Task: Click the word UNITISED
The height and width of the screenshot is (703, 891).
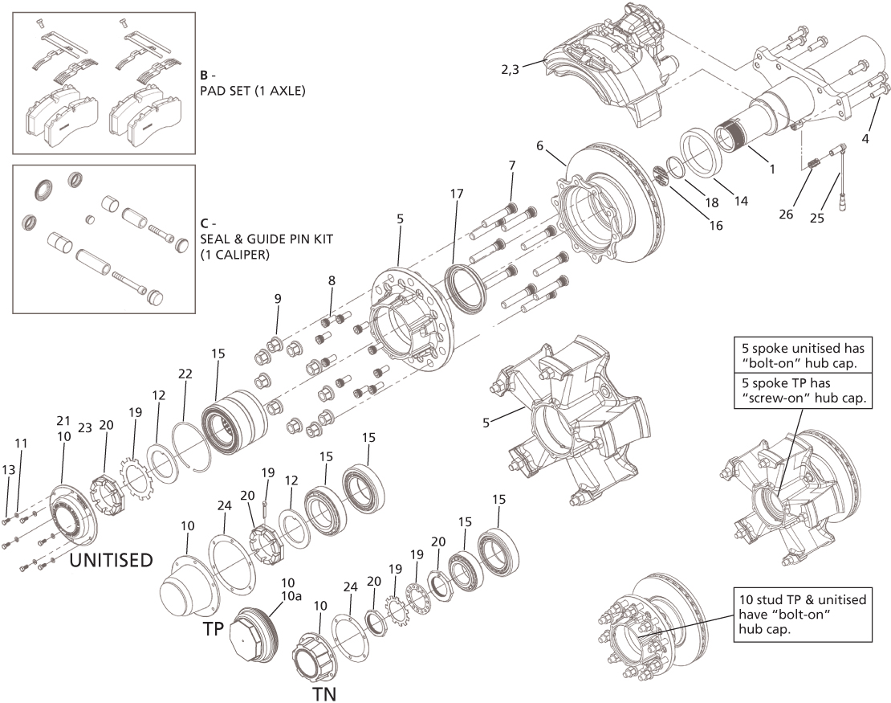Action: tap(110, 560)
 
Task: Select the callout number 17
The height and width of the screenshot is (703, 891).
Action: tap(457, 194)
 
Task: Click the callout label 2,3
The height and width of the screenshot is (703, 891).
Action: tap(511, 69)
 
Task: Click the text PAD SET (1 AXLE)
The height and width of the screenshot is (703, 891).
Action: tap(252, 91)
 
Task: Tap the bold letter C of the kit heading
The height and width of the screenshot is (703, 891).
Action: tap(205, 224)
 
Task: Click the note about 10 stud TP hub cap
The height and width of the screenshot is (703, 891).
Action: tap(802, 614)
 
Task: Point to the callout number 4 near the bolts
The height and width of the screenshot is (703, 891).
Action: tap(865, 138)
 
